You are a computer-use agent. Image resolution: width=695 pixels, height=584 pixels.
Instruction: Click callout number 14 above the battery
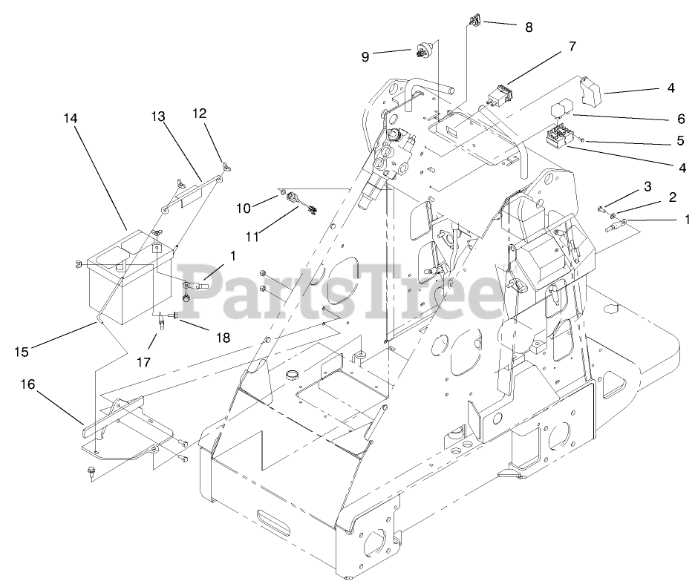(x=70, y=118)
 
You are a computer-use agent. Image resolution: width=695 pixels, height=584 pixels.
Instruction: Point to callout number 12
(x=199, y=113)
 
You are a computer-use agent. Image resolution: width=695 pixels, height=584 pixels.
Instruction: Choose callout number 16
(x=27, y=384)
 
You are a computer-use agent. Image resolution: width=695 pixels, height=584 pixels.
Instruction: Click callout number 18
(x=223, y=338)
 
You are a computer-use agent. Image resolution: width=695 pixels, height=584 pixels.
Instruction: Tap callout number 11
(x=252, y=237)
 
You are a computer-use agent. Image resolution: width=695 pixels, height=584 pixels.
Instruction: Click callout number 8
(x=529, y=27)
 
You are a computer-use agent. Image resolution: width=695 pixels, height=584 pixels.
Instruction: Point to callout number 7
(x=572, y=46)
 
